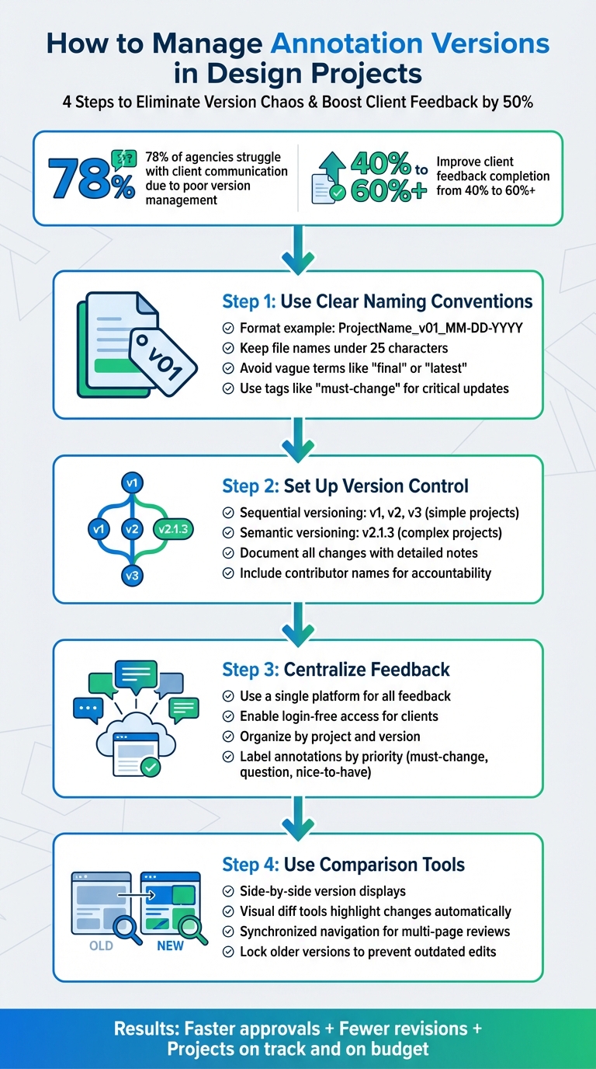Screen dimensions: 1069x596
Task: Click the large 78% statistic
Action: [92, 178]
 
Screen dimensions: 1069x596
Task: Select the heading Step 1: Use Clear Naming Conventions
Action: [377, 301]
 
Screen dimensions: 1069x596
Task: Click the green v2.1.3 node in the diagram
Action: [175, 529]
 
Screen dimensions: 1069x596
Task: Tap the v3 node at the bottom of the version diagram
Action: [131, 576]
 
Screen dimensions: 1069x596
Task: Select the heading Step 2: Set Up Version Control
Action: [345, 486]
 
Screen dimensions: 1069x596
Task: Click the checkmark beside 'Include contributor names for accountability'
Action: [228, 573]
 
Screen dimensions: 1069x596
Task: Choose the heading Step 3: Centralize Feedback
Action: [336, 670]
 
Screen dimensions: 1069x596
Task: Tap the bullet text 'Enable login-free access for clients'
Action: [339, 716]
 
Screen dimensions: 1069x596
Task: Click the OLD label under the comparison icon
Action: [101, 945]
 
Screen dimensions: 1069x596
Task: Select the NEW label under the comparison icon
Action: [169, 945]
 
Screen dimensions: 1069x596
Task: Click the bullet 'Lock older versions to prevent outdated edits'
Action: [368, 951]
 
